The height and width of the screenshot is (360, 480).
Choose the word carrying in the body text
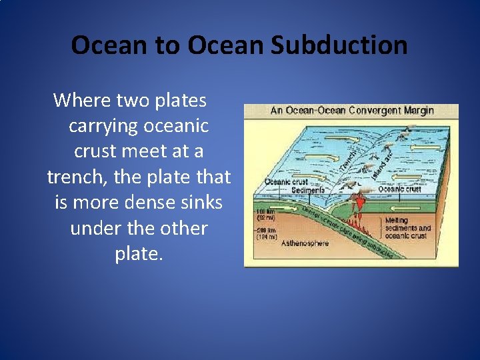[100, 126]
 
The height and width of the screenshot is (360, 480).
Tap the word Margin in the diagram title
[418, 111]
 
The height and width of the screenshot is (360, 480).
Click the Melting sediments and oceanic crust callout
[407, 228]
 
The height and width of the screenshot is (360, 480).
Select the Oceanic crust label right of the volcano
[400, 189]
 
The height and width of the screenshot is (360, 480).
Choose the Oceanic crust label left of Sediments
[286, 182]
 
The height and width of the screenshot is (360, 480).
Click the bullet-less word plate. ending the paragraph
[139, 254]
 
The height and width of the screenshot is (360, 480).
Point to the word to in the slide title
[169, 45]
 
